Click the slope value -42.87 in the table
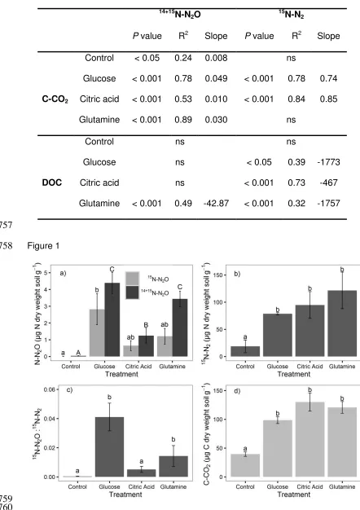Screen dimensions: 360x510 click(x=216, y=204)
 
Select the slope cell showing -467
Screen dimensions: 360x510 click(x=328, y=182)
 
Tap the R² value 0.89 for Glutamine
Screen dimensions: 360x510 click(x=183, y=120)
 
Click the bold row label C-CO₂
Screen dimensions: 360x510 click(x=55, y=99)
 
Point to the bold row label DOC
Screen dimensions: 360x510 click(x=51, y=182)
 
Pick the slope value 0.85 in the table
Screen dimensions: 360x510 click(x=328, y=99)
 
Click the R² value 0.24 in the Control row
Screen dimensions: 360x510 click(x=183, y=58)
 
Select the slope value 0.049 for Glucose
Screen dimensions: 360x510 click(x=216, y=78)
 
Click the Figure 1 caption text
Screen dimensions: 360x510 click(x=43, y=245)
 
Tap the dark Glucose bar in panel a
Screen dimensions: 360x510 click(x=112, y=319)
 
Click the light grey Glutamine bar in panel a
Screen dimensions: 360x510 click(x=165, y=346)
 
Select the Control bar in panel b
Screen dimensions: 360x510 click(x=245, y=351)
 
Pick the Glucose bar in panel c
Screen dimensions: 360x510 click(x=109, y=447)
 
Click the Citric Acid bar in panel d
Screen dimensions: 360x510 click(x=310, y=439)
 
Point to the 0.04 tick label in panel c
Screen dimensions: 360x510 click(x=50, y=419)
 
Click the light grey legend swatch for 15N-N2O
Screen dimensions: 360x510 click(x=133, y=279)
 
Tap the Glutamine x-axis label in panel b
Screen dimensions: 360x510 click(x=342, y=367)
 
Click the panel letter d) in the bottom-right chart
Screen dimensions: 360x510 click(x=237, y=390)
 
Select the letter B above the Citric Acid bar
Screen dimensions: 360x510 click(x=146, y=325)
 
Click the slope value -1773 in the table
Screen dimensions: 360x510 click(x=328, y=162)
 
